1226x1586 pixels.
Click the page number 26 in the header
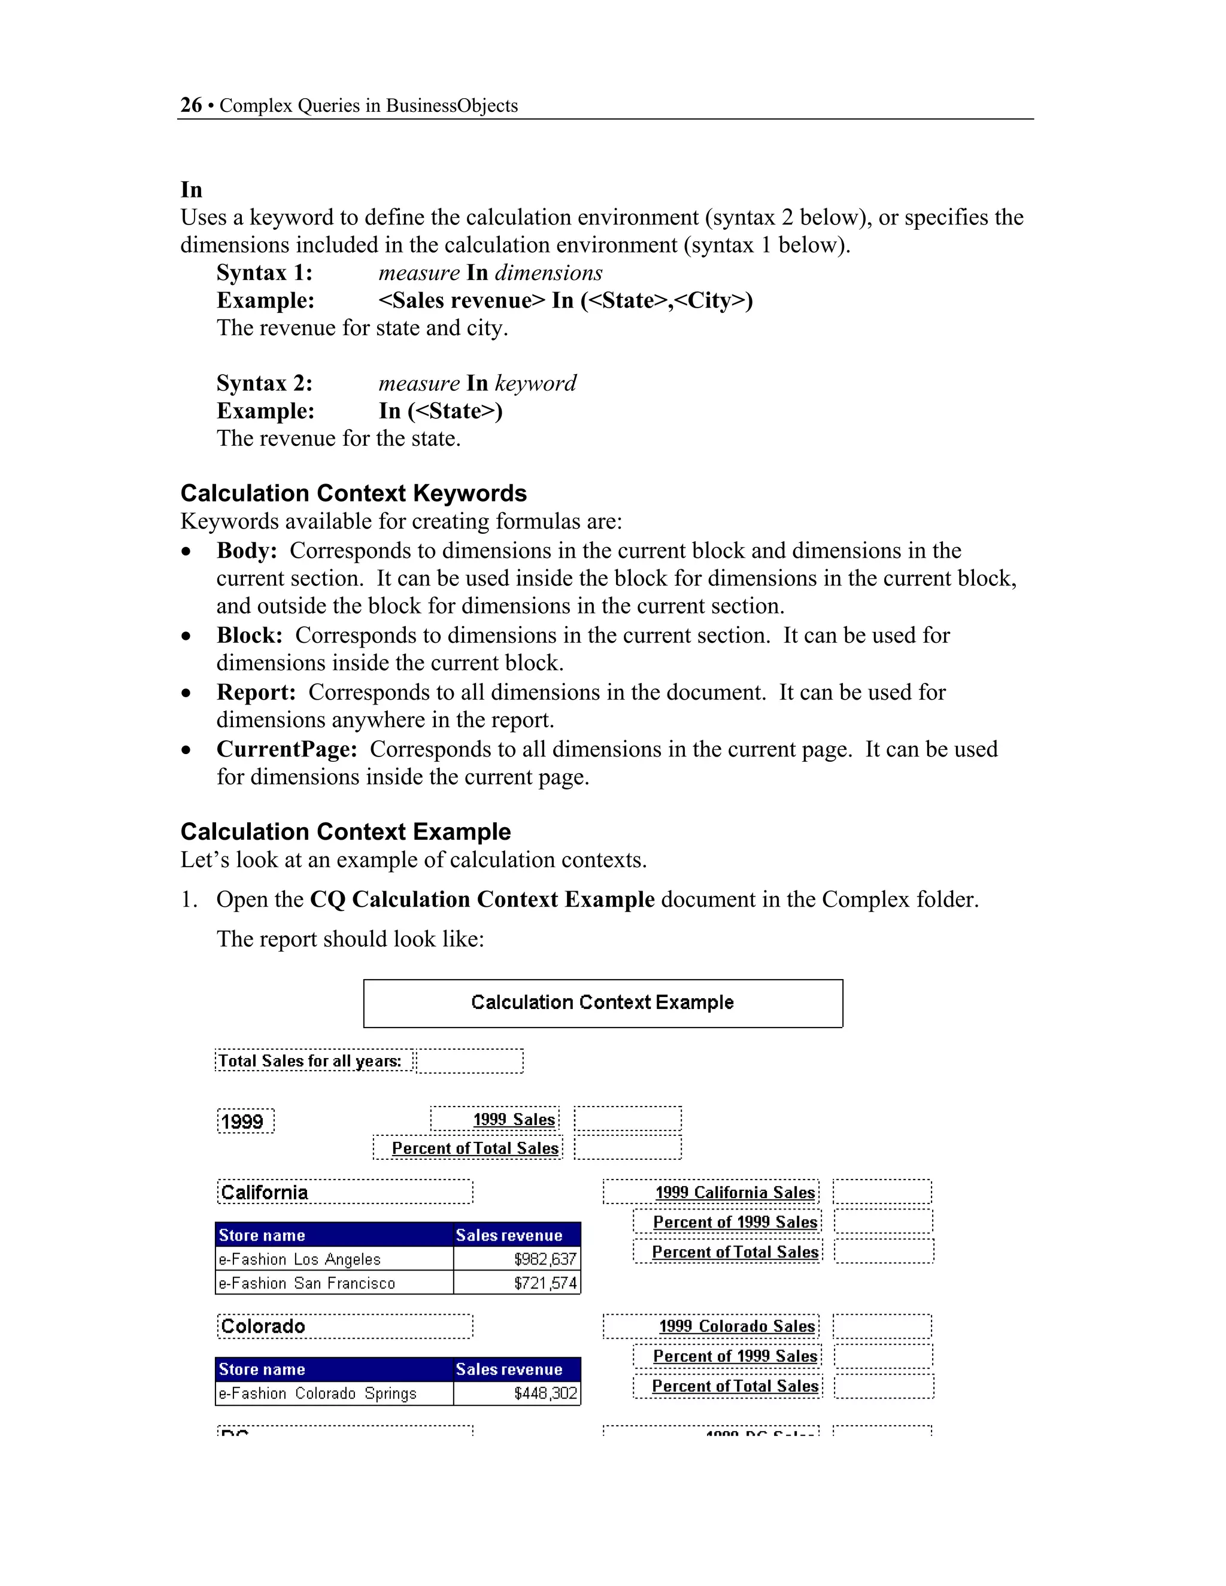(191, 105)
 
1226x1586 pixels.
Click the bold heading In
(191, 190)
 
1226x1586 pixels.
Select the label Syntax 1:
(265, 273)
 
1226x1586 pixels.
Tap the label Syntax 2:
(265, 384)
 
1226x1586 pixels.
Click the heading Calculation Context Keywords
(353, 493)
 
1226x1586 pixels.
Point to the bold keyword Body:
(246, 551)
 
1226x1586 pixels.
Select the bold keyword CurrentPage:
(286, 749)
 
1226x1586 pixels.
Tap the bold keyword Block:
(249, 636)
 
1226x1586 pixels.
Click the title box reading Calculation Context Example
(602, 1003)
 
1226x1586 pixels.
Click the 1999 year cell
(245, 1121)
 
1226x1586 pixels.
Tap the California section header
(344, 1192)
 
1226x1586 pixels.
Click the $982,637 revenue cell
(517, 1259)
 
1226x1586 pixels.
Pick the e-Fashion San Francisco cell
(334, 1283)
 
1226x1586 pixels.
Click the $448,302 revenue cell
(517, 1393)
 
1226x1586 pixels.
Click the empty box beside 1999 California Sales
(882, 1192)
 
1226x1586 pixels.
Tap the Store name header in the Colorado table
(334, 1369)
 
